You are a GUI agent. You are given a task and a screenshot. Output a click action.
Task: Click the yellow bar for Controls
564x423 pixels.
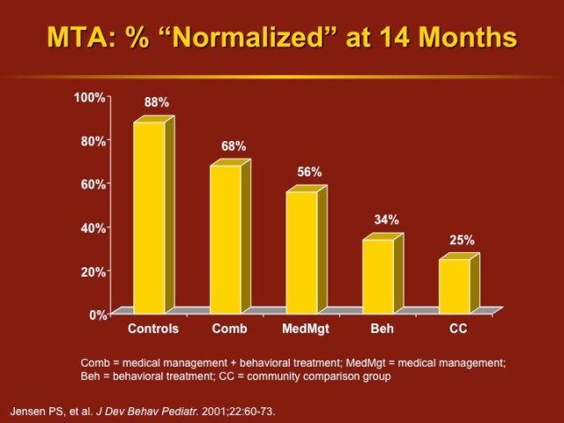pyautogui.click(x=149, y=217)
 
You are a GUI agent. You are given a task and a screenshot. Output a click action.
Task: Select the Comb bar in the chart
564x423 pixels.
pyautogui.click(x=225, y=239)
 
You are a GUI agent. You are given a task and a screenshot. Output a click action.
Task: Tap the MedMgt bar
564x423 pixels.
pyautogui.click(x=301, y=252)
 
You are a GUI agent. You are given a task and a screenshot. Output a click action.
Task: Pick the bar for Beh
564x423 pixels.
pyautogui.click(x=378, y=276)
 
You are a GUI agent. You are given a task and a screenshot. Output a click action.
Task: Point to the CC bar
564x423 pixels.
pyautogui.click(x=454, y=286)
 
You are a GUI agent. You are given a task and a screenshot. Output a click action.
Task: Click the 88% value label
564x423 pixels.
pyautogui.click(x=157, y=103)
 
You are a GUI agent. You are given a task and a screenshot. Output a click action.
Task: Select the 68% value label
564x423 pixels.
pyautogui.click(x=234, y=146)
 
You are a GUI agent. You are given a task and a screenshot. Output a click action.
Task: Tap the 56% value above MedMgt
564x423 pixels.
pyautogui.click(x=309, y=173)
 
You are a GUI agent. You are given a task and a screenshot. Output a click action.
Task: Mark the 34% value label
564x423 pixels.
pyautogui.click(x=386, y=219)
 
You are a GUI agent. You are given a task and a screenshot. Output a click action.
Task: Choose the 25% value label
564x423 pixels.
pyautogui.click(x=462, y=240)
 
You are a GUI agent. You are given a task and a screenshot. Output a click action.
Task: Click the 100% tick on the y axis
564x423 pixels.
pyautogui.click(x=92, y=96)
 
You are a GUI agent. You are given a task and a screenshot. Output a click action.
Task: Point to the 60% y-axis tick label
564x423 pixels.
pyautogui.click(x=94, y=183)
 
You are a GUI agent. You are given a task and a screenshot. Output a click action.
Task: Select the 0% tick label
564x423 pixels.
pyautogui.click(x=98, y=314)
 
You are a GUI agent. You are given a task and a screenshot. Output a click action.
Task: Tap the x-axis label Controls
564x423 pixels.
pyautogui.click(x=153, y=329)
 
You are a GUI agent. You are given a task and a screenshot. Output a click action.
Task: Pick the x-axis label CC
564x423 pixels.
pyautogui.click(x=457, y=329)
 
